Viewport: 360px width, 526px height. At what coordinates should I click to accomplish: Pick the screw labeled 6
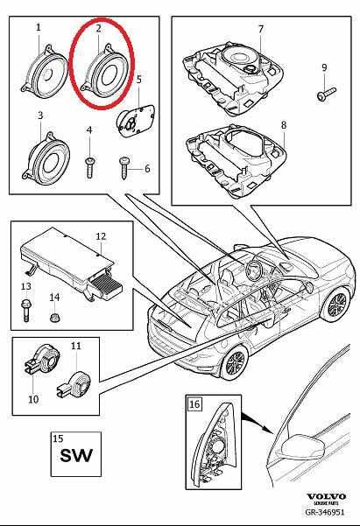tap(125, 163)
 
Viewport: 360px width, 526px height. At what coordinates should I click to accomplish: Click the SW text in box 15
tap(74, 456)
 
